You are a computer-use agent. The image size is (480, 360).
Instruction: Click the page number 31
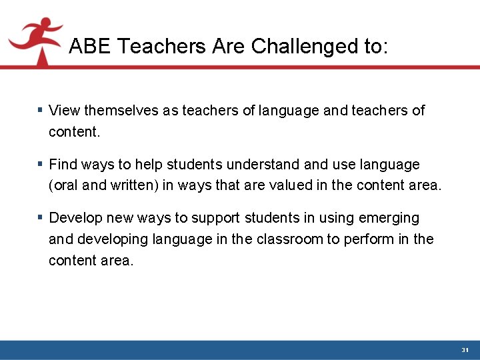465,350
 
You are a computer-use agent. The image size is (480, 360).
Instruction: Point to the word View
64,110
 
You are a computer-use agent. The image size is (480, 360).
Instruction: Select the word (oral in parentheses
63,185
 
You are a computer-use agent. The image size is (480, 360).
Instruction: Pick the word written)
133,185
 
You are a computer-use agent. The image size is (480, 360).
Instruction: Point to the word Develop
74,218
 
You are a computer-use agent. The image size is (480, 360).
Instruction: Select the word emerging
389,218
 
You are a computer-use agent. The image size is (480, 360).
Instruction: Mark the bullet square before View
41,109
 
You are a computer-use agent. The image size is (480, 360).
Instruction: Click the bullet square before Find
41,163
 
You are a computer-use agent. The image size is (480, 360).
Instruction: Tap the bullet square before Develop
41,217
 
